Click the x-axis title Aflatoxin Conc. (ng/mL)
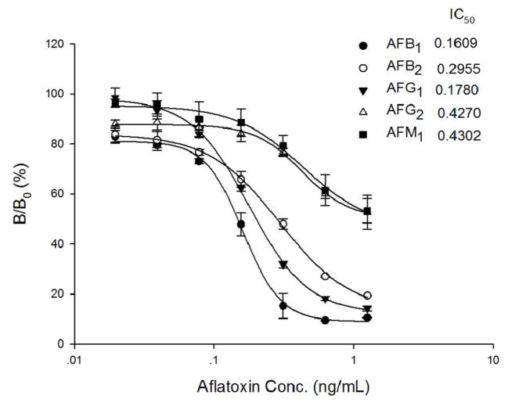[283, 386]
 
